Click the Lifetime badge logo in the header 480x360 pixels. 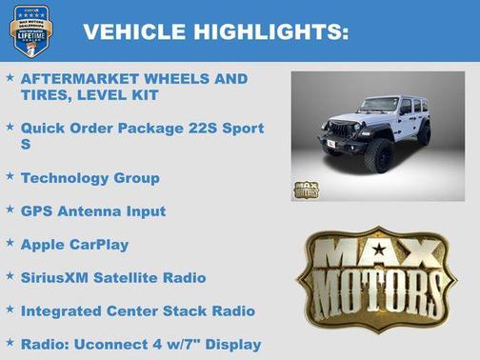(x=30, y=30)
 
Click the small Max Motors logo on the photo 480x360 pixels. (x=306, y=188)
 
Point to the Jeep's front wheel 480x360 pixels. (x=381, y=155)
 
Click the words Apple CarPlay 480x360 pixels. (x=74, y=245)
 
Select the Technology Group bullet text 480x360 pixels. (x=90, y=178)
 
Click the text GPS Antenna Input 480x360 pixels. (x=92, y=211)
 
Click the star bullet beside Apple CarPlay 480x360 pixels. (x=10, y=244)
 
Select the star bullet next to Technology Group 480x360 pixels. (x=10, y=177)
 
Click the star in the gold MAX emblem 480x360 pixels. (x=379, y=250)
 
